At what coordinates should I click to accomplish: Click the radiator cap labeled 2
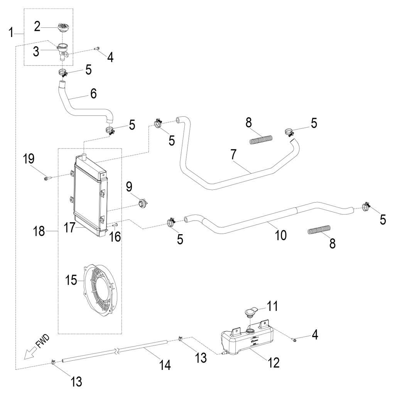click(62, 28)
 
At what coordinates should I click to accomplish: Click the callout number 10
click(281, 235)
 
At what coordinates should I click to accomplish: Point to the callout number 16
click(115, 236)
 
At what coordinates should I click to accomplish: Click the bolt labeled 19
click(48, 178)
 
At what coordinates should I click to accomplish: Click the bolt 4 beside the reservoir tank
click(294, 339)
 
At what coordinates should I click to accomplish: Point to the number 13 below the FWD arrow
click(76, 381)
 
